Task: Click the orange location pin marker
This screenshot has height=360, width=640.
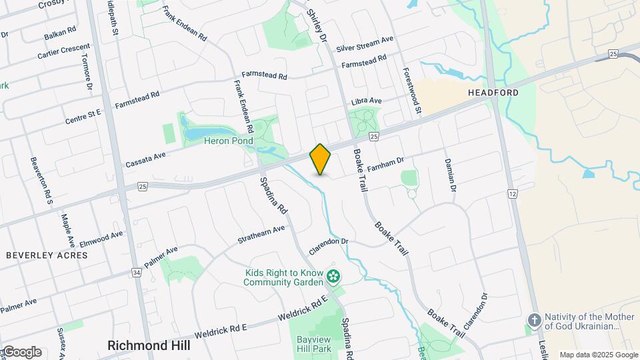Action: click(321, 159)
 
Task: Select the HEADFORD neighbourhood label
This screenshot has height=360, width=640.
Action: click(493, 92)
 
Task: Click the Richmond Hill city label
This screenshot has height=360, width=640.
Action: click(149, 345)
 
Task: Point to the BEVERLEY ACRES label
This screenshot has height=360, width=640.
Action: click(47, 255)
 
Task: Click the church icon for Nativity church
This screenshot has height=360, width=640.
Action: click(533, 321)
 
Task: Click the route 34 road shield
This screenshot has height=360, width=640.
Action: click(137, 273)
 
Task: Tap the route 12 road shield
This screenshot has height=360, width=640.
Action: click(512, 193)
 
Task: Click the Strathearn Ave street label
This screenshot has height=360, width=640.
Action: click(262, 234)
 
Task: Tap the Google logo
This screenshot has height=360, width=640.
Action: click(21, 352)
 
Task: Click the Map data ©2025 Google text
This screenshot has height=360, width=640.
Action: click(598, 355)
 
